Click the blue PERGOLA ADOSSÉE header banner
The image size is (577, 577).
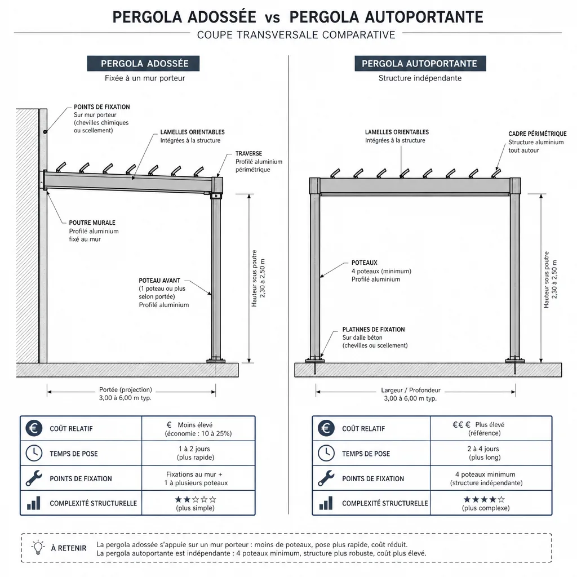[143, 63]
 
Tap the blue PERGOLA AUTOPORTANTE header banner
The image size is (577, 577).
[420, 63]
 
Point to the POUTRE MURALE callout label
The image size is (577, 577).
[92, 223]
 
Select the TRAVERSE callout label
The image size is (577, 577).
[248, 153]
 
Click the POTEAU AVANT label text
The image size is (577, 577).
[159, 281]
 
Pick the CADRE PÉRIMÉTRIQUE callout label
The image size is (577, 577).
[537, 134]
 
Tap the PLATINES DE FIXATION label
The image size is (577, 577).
[374, 329]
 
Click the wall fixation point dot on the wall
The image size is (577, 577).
[45, 132]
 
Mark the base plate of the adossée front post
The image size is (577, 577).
[216, 361]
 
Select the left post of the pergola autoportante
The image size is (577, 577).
[315, 276]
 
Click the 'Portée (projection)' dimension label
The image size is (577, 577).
[126, 389]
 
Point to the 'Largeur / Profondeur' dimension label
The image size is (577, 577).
[411, 390]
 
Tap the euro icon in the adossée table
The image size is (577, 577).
[34, 428]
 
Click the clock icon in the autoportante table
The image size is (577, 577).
[326, 453]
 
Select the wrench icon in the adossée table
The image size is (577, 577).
[34, 478]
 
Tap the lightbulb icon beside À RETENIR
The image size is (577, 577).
[38, 548]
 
